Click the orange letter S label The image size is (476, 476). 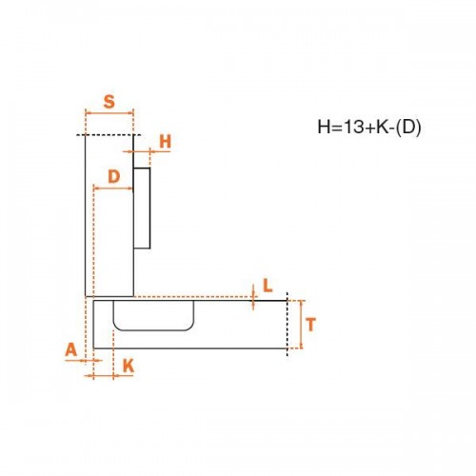(x=109, y=102)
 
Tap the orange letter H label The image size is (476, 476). (x=166, y=142)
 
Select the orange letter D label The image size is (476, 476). (x=114, y=176)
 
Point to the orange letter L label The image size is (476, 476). (x=268, y=286)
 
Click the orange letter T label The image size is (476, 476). (x=311, y=325)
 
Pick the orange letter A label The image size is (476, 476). (x=71, y=350)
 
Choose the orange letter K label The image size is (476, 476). (x=129, y=367)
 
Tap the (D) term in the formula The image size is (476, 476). (x=408, y=128)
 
